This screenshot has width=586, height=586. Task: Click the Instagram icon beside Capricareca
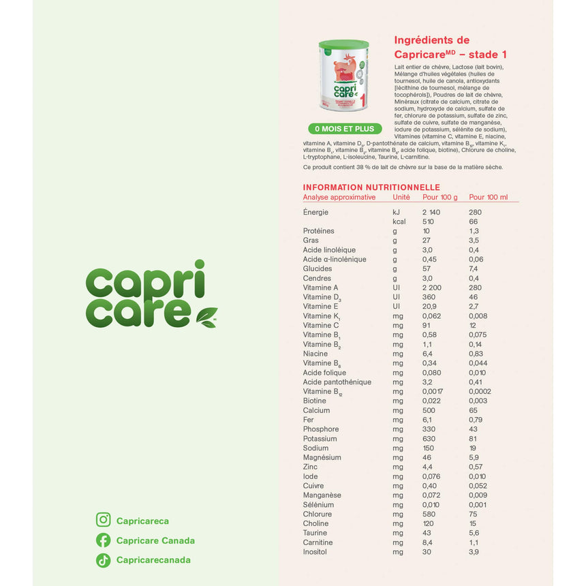click(104, 521)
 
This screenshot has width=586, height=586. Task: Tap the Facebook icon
click(104, 540)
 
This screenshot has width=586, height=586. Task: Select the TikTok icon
click(104, 560)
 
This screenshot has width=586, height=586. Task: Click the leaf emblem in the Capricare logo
click(206, 316)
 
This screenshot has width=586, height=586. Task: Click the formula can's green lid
click(343, 46)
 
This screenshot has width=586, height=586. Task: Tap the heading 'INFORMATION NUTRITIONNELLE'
click(371, 187)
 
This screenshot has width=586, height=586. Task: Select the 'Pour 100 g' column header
click(440, 198)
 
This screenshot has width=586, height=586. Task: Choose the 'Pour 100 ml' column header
click(489, 198)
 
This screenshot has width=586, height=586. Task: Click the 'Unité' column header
click(401, 198)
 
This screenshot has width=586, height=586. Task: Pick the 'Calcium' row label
click(316, 410)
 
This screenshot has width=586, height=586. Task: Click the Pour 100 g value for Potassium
click(429, 439)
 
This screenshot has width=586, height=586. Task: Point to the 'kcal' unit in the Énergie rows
click(399, 221)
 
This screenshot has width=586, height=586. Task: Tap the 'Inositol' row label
click(315, 551)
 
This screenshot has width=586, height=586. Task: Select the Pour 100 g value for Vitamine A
click(431, 288)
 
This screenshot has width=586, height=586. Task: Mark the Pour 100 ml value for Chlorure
click(473, 514)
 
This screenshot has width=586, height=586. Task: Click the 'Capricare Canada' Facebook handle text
click(155, 540)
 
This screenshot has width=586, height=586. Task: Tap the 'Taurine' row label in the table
click(315, 533)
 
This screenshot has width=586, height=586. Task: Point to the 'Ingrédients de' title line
click(432, 40)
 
